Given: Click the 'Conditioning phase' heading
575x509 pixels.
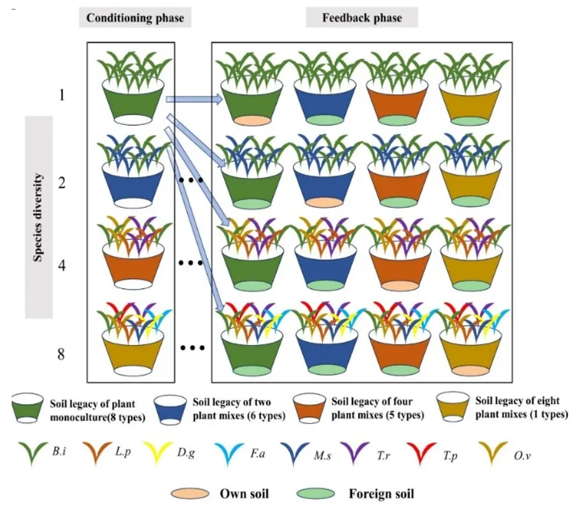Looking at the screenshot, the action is point(135,18).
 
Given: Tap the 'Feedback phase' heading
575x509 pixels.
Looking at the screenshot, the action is point(362,18).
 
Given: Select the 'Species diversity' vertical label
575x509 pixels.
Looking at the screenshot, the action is point(38,217).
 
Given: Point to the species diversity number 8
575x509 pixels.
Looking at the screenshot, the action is point(61,354).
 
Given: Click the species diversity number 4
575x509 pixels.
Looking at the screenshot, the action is point(62,265).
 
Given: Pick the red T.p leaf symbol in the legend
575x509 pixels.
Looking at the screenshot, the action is point(421,453).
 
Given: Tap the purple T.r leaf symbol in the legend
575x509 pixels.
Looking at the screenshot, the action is point(354,453).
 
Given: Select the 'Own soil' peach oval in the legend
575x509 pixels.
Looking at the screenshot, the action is point(190,494).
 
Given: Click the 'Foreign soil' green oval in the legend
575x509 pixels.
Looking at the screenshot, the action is point(316,494).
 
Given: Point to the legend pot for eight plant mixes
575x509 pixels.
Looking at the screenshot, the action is point(453,407).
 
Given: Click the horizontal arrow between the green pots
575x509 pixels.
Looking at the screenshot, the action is point(194,99).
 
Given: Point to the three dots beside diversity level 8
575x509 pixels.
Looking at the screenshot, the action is point(192,348).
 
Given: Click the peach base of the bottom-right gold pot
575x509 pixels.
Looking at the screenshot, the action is point(470,370).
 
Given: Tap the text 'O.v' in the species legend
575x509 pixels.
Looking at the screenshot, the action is point(522,456).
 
